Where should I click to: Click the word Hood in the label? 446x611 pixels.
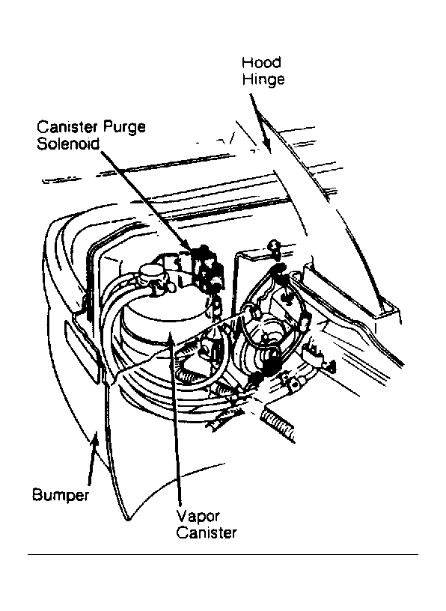tap(261, 62)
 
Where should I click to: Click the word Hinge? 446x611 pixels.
tap(263, 79)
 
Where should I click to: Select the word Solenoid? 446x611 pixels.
tap(69, 144)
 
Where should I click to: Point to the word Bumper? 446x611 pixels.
tap(61, 495)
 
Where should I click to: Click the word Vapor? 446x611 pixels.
tap(198, 517)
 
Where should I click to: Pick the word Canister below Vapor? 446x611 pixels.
tap(207, 532)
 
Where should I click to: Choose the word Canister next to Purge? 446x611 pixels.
tap(68, 126)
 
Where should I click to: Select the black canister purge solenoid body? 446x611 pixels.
tap(207, 269)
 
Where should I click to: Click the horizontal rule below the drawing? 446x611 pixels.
tap(223, 554)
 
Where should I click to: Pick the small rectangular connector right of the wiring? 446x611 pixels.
tap(316, 352)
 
